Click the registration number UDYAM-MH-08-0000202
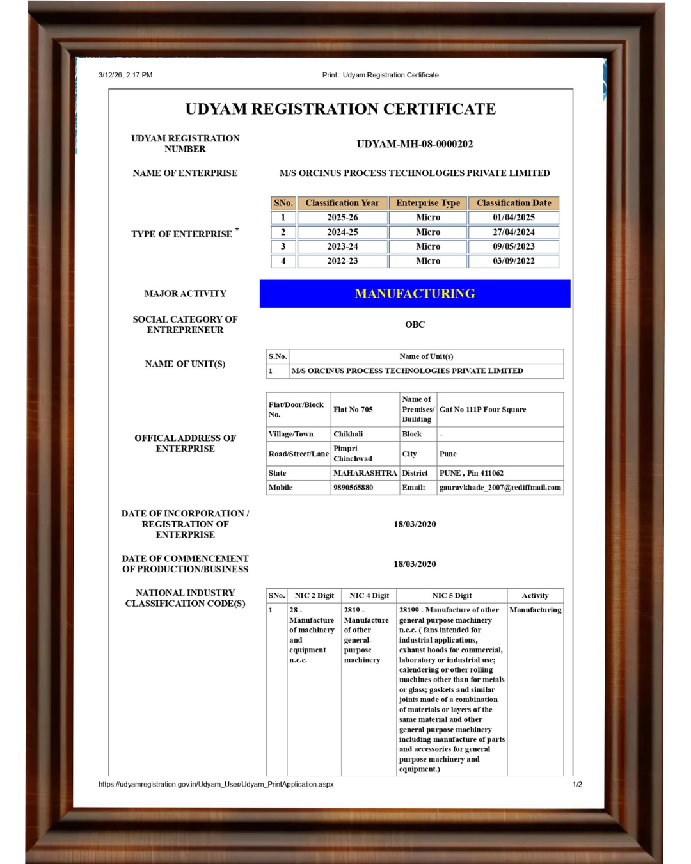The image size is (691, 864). tap(415, 144)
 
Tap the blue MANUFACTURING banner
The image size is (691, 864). tap(415, 294)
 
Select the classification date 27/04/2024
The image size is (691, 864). tap(513, 232)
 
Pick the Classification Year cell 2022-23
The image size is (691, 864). tap(342, 261)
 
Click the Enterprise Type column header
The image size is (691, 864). tap(427, 203)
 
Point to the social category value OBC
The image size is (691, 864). tap(415, 324)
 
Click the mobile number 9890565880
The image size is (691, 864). tap(353, 488)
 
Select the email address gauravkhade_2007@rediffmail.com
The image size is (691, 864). tap(500, 488)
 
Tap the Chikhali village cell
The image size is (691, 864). tap(348, 434)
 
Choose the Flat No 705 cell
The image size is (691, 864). tap(353, 410)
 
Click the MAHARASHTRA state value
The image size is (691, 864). tap(365, 473)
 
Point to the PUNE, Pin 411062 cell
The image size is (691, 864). tap(472, 473)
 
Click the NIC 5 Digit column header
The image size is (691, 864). tap(452, 596)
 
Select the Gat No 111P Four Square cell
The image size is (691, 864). tap(483, 410)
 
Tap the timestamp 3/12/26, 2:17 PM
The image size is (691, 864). tap(125, 75)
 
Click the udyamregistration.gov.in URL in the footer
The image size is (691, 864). tap(216, 784)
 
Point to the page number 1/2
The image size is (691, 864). tap(577, 784)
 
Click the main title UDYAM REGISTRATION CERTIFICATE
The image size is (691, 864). tap(340, 109)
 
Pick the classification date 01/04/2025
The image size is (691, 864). tap(513, 218)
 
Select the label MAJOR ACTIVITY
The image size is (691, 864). tap(185, 294)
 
